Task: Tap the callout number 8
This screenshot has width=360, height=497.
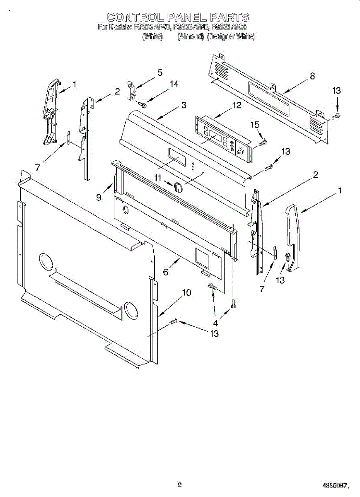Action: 312,76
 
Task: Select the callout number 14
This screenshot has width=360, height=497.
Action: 174,84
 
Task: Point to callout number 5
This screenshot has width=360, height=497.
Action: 159,72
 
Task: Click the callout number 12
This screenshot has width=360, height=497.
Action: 237,105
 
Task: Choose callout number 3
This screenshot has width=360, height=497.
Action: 184,105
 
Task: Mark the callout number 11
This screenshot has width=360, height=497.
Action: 157,178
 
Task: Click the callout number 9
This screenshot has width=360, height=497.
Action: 99,197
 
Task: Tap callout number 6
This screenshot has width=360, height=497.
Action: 166,272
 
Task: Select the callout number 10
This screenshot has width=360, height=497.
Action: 186,293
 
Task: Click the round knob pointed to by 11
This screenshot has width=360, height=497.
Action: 178,187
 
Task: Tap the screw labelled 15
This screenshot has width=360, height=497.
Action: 263,142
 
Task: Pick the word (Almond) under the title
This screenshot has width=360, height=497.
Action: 191,37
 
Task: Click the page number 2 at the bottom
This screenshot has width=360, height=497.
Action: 179,484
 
